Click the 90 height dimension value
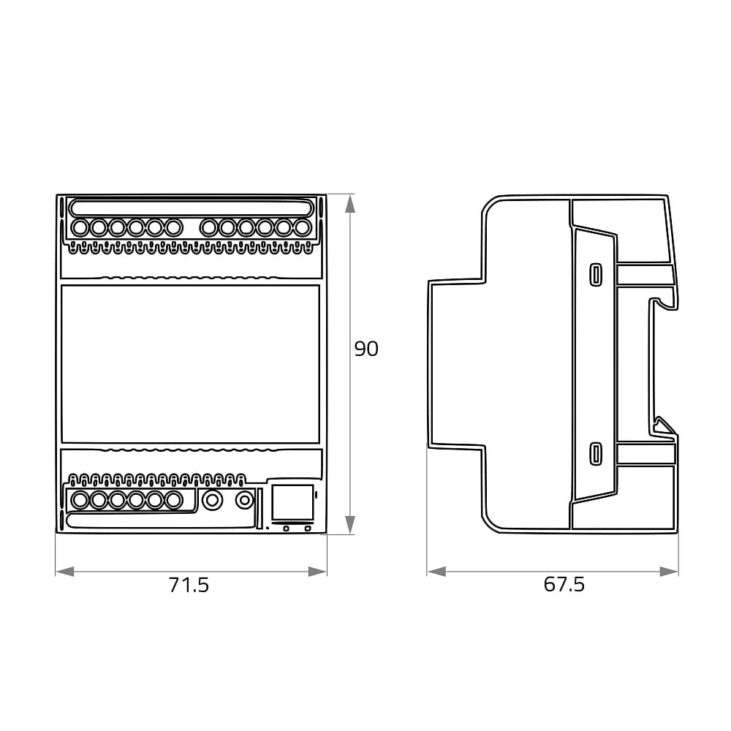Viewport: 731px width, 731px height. click(x=366, y=349)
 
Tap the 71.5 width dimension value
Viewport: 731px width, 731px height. click(x=189, y=585)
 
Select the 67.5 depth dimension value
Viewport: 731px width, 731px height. click(x=564, y=585)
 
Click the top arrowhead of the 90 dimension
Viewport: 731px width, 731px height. click(x=350, y=204)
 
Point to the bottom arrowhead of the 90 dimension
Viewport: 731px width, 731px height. click(x=350, y=524)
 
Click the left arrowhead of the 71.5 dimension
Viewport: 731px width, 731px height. click(x=65, y=572)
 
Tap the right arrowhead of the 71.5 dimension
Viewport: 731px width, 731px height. click(x=317, y=572)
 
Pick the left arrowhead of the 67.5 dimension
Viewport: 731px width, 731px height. click(x=436, y=572)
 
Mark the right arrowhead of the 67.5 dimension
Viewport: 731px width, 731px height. click(x=669, y=572)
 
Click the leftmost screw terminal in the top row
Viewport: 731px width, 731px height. click(x=80, y=228)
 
